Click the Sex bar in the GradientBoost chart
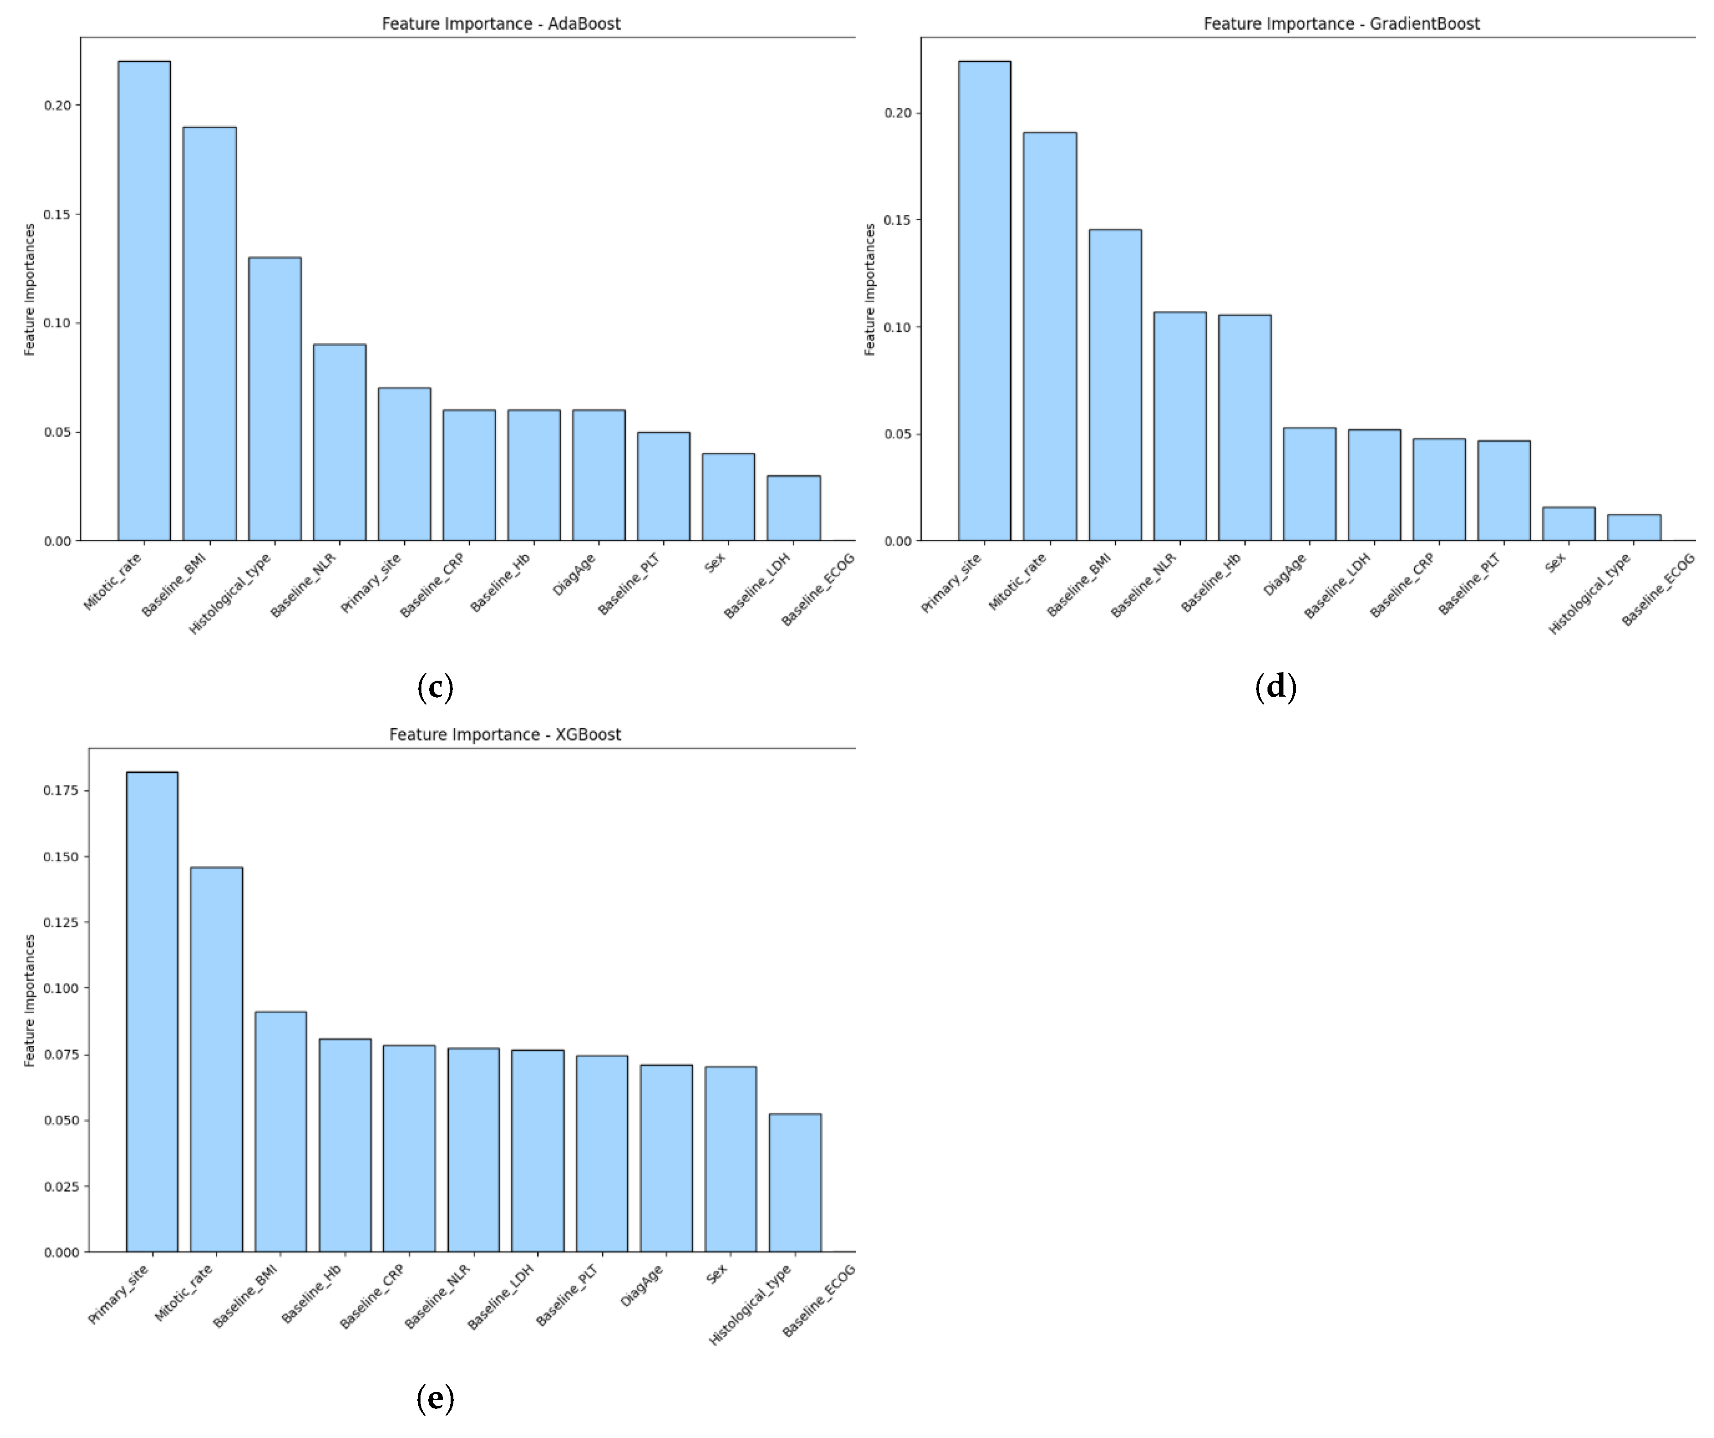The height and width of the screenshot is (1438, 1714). [x=1568, y=524]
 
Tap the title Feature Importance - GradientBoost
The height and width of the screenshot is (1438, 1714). [x=1341, y=24]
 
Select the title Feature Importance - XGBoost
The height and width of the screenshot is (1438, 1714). [x=504, y=735]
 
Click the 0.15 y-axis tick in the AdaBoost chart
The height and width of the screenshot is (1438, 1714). [x=57, y=215]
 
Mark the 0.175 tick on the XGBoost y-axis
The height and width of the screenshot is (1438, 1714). [x=61, y=790]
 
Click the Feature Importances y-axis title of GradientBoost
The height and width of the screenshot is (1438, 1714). [x=870, y=290]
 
